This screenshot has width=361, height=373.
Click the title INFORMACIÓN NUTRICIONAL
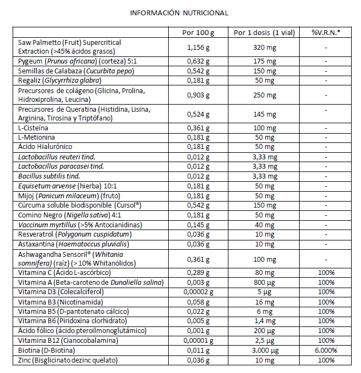[x=179, y=13]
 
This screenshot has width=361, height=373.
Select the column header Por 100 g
[x=198, y=32]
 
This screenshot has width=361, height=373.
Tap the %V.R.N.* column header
[x=325, y=32]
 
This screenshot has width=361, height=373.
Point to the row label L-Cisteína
[x=34, y=127]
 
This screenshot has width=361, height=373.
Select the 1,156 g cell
[x=198, y=47]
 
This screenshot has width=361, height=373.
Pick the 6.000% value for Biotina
[x=325, y=351]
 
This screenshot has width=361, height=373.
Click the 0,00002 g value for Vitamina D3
[x=198, y=291]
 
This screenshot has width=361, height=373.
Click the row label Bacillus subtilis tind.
[x=49, y=176]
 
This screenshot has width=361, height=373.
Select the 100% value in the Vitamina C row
[x=325, y=272]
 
